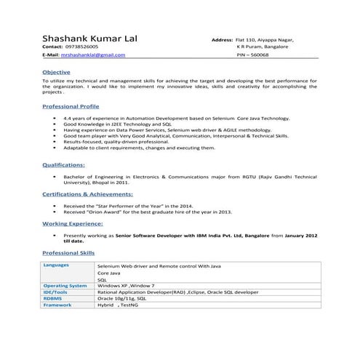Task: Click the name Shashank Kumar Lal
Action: tap(89, 38)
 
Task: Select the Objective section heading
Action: tap(56, 73)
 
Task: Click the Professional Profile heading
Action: tap(72, 106)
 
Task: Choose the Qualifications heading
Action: tap(63, 165)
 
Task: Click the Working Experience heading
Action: tap(72, 225)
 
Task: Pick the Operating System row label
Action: tap(65, 286)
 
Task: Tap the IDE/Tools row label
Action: tap(57, 292)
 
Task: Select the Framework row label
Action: tap(57, 304)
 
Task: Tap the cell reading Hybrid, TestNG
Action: tap(119, 305)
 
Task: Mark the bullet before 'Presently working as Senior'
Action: tap(55, 236)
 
